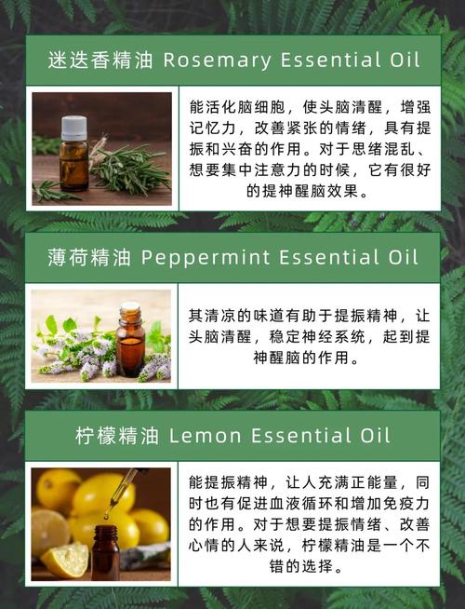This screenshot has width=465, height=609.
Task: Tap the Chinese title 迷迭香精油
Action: pyautogui.click(x=100, y=61)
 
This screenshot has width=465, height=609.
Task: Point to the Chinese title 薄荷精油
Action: pyautogui.click(x=90, y=258)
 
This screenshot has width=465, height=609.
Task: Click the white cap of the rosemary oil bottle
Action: pyautogui.click(x=74, y=127)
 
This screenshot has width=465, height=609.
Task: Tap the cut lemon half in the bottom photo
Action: pyautogui.click(x=65, y=560)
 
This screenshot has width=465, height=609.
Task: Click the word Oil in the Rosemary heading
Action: pyautogui.click(x=391, y=61)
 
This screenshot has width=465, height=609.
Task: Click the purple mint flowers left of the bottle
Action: pyautogui.click(x=79, y=359)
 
